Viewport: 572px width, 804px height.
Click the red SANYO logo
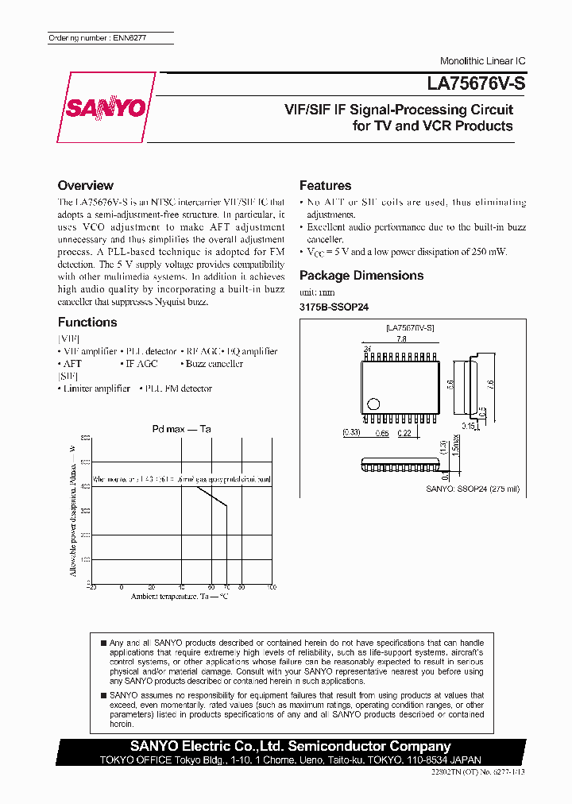point(106,107)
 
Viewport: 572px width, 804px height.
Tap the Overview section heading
point(86,186)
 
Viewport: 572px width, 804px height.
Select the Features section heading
point(325,186)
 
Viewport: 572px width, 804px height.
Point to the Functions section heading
point(87,323)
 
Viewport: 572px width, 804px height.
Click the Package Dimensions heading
point(361,276)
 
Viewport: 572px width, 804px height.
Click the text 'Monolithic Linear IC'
point(482,61)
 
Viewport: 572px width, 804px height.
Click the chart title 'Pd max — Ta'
point(181,430)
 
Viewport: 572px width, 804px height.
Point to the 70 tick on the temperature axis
point(226,587)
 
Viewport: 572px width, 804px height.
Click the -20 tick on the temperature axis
point(91,587)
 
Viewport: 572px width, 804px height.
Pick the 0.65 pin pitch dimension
point(381,433)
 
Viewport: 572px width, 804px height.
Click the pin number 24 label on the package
point(367,349)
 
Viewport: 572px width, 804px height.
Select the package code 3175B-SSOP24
point(334,307)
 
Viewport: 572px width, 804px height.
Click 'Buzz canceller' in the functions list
point(214,364)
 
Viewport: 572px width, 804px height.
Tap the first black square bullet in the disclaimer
point(103,642)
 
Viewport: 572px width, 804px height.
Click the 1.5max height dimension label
point(454,450)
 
